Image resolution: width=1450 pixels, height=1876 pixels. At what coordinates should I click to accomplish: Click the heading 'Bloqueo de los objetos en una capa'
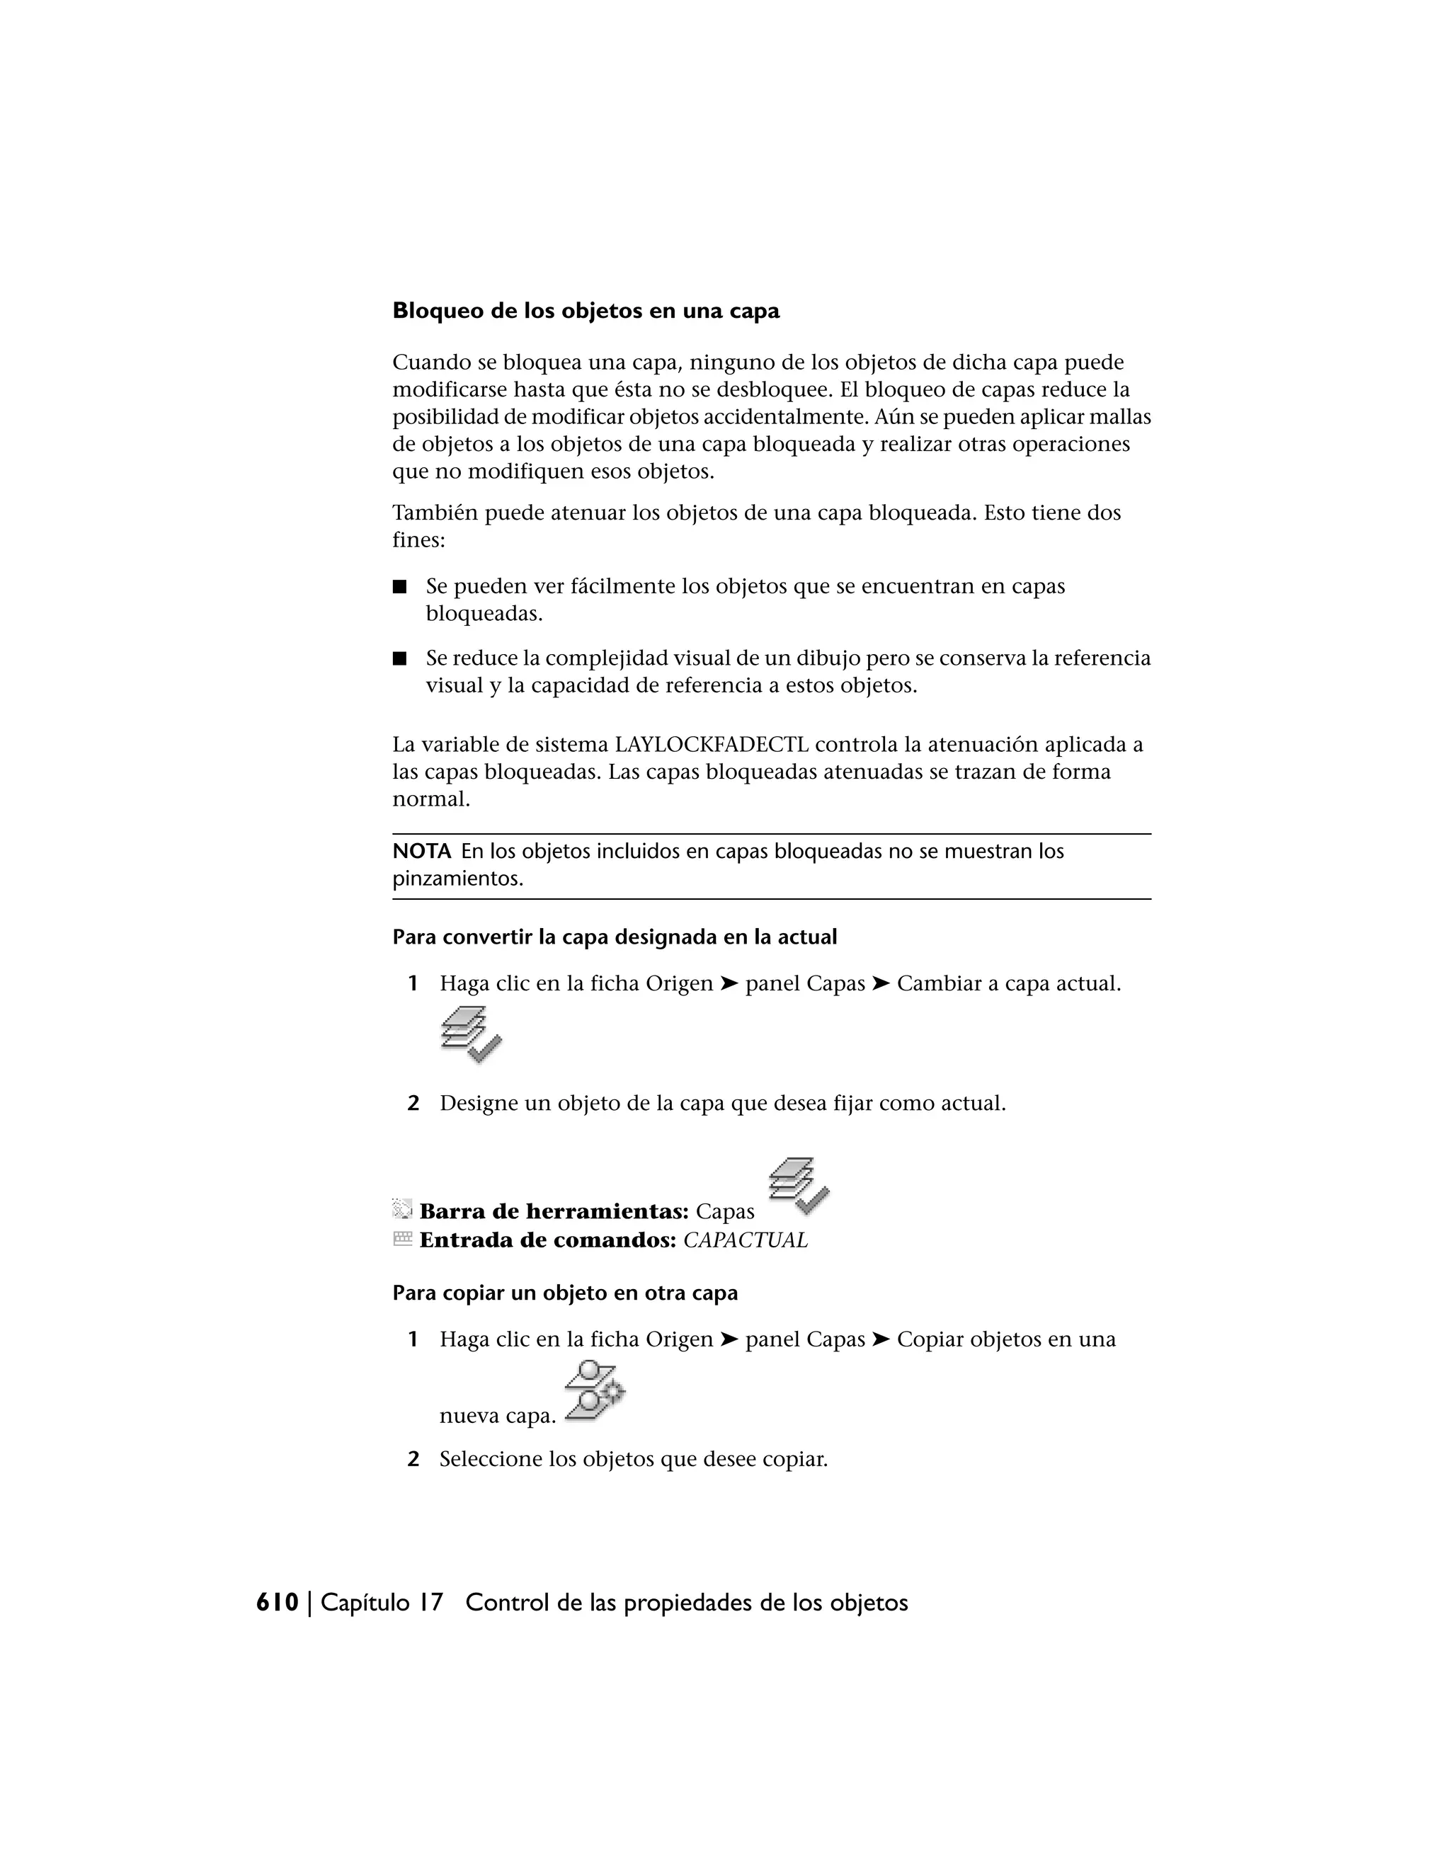pyautogui.click(x=586, y=311)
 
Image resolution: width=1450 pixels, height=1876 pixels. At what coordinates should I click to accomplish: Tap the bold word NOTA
pyautogui.click(x=421, y=851)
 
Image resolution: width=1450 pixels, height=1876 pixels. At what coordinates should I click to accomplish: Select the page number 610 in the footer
pyautogui.click(x=278, y=1603)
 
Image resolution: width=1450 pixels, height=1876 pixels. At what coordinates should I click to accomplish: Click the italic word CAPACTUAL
pyautogui.click(x=745, y=1240)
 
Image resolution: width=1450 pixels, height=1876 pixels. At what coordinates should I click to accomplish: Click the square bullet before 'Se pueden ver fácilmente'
pyautogui.click(x=399, y=588)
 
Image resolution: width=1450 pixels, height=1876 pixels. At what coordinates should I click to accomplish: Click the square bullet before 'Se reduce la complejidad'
pyautogui.click(x=399, y=660)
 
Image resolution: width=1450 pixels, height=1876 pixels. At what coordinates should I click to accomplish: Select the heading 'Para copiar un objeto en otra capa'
pyautogui.click(x=565, y=1293)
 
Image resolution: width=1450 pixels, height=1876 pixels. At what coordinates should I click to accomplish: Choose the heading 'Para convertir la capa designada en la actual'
pyautogui.click(x=614, y=937)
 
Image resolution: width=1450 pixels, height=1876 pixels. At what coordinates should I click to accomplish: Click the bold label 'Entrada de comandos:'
pyautogui.click(x=548, y=1240)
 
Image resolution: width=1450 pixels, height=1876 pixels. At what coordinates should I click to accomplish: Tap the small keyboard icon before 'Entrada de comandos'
pyautogui.click(x=402, y=1239)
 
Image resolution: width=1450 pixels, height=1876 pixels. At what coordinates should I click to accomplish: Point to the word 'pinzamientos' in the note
pyautogui.click(x=456, y=879)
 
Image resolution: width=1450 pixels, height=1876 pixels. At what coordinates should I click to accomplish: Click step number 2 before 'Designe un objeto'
pyautogui.click(x=413, y=1104)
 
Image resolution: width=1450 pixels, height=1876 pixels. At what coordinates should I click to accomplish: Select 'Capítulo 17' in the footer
pyautogui.click(x=382, y=1603)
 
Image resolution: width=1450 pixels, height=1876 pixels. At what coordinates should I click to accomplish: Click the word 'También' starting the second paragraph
pyautogui.click(x=435, y=513)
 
